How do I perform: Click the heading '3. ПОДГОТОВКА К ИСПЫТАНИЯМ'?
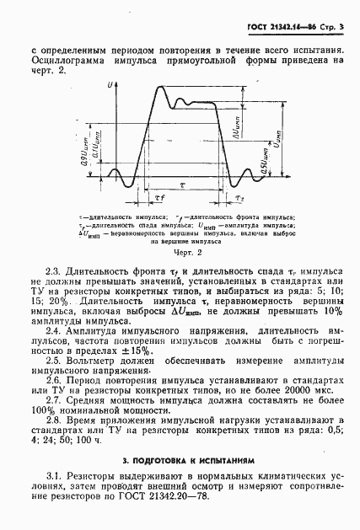point(180,461)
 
